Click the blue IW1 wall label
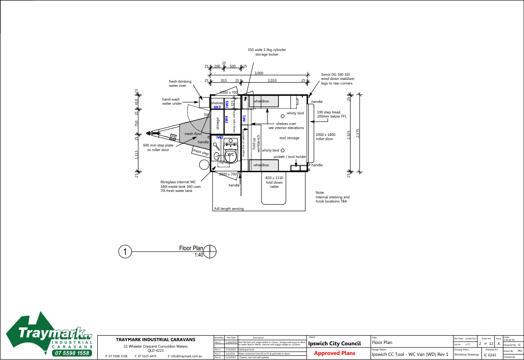click(x=244, y=118)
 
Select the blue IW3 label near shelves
click(x=217, y=107)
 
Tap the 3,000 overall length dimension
click(x=259, y=73)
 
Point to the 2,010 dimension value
click(x=272, y=80)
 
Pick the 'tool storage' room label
click(x=289, y=138)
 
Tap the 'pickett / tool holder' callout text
click(x=290, y=157)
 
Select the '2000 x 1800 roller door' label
click(x=325, y=137)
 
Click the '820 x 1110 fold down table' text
click(x=274, y=182)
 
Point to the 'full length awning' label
click(x=229, y=209)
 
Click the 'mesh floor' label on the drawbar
click(x=193, y=134)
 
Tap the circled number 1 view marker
click(x=125, y=252)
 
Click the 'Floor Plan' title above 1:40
click(x=191, y=248)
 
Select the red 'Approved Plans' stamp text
click(x=335, y=353)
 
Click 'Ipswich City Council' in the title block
click(x=334, y=343)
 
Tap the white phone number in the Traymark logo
click(x=71, y=353)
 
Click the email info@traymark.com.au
click(x=185, y=356)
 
